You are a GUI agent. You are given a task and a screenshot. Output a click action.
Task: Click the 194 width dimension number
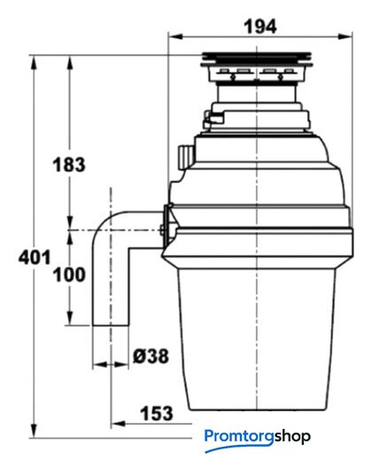coord(260,27)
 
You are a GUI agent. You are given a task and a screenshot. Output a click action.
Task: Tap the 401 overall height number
coord(35,257)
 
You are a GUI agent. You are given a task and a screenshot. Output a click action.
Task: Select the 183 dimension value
coord(69,165)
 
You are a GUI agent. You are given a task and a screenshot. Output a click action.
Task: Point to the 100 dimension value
coord(69,275)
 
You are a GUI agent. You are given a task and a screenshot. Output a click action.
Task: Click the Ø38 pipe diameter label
coord(151,356)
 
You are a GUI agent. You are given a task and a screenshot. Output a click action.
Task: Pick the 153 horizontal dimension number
coord(157,414)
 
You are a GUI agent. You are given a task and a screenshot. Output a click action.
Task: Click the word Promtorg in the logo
coord(239,437)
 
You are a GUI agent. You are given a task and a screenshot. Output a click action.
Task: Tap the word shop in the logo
coord(292,436)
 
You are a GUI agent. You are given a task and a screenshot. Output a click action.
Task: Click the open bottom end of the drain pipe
coord(111,325)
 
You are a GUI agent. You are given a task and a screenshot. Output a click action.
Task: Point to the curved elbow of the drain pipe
coord(104,223)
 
